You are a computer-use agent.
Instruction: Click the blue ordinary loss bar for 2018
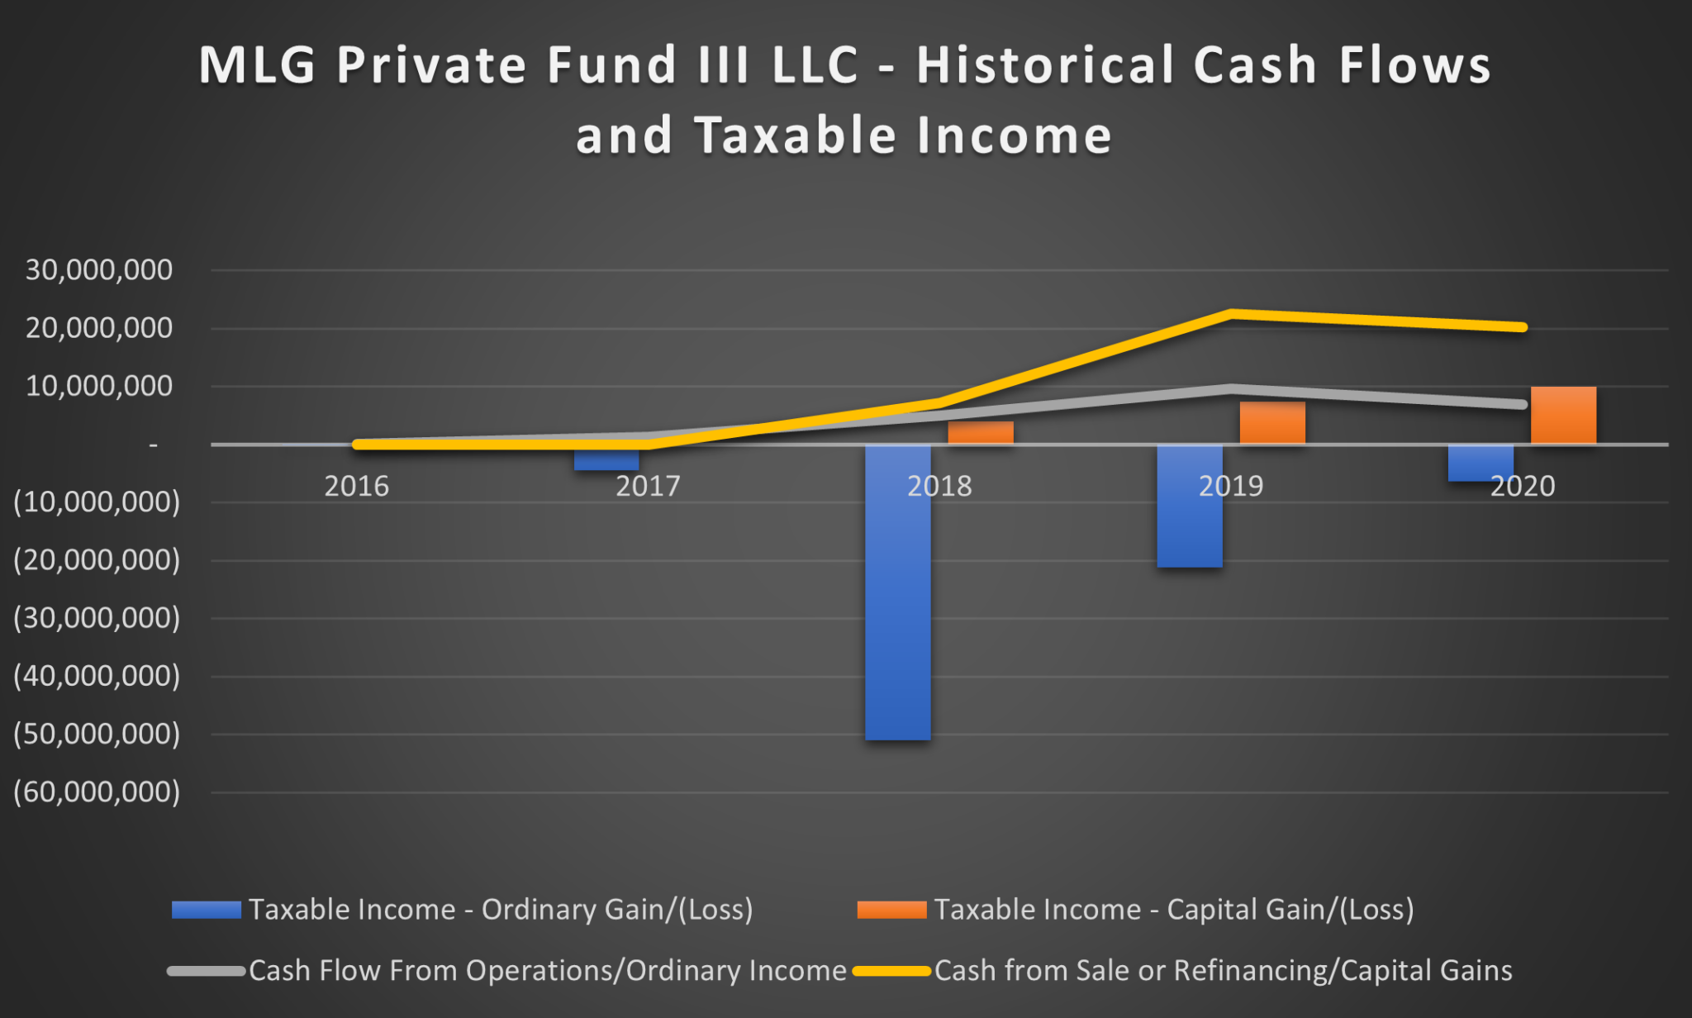pos(898,592)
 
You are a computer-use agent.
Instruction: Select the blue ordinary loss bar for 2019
pos(1190,507)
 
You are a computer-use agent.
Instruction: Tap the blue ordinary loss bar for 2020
pos(1481,463)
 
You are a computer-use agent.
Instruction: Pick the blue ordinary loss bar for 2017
pos(606,458)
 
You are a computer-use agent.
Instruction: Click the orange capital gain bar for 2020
pos(1564,415)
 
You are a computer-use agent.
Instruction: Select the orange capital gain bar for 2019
pos(1272,423)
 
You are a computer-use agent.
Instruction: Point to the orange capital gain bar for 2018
pos(981,433)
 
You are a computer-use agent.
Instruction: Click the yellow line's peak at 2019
pos(1231,314)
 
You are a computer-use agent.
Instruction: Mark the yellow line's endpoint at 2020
pos(1523,327)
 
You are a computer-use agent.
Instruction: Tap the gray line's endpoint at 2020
pos(1523,404)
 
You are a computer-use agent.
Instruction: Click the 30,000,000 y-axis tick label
pos(99,270)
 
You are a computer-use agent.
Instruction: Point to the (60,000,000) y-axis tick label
pos(97,792)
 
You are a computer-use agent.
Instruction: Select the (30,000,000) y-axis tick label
pos(97,618)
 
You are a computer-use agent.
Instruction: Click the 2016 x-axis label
pos(356,486)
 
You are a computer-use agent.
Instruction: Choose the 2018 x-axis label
pos(939,486)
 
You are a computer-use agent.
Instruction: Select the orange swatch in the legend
pos(892,910)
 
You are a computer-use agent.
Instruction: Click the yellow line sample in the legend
pos(892,971)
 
